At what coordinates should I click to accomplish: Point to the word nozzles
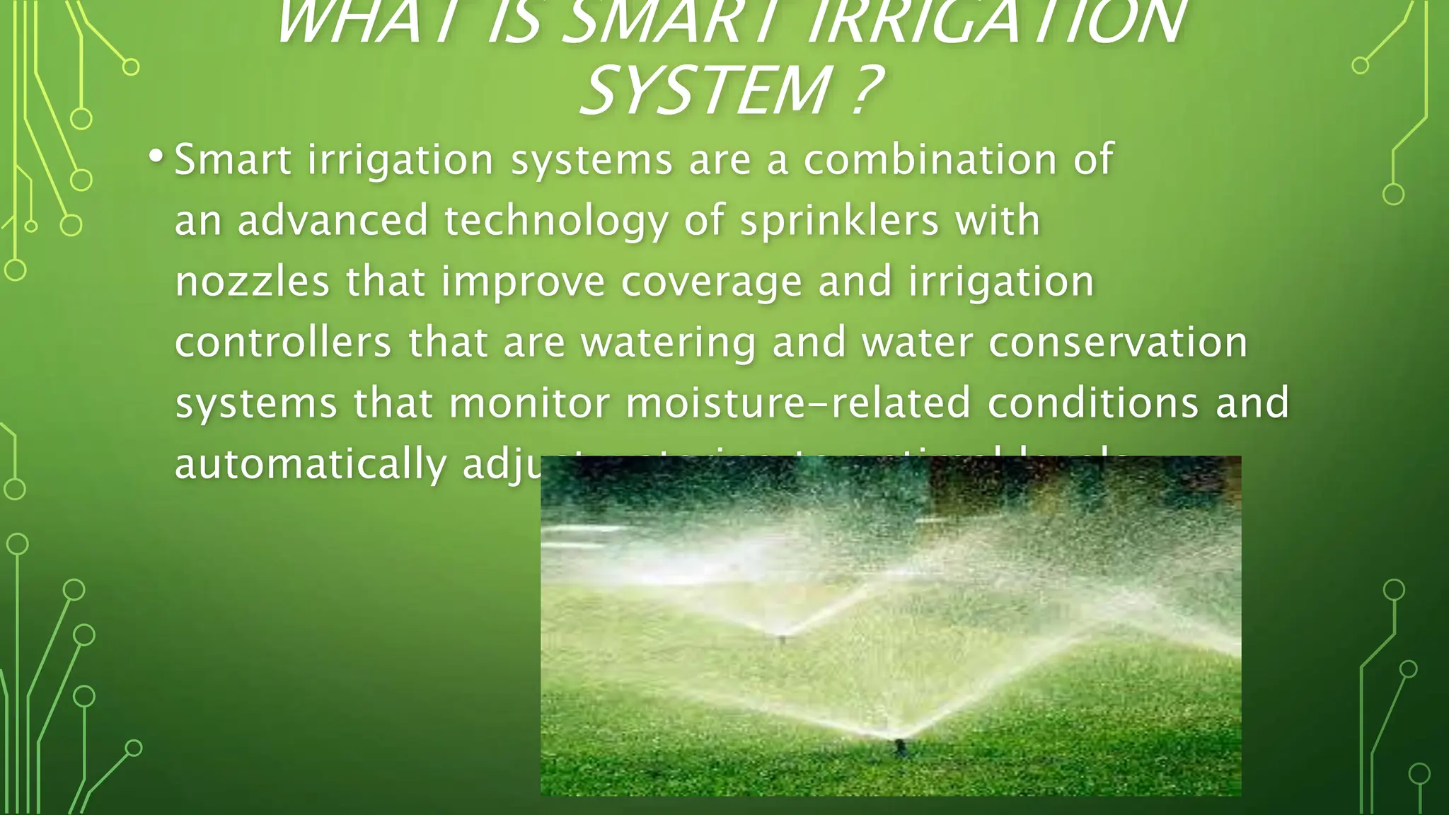point(252,282)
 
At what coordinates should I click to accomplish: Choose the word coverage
point(712,282)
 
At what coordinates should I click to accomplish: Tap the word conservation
point(1118,342)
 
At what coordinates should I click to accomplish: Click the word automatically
point(311,465)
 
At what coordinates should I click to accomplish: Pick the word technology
point(555,221)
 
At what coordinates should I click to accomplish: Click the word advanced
point(333,221)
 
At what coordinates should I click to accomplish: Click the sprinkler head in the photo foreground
point(899,746)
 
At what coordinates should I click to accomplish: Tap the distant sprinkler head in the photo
point(782,639)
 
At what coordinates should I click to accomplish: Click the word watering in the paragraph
point(668,342)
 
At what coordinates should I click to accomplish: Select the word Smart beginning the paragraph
point(233,159)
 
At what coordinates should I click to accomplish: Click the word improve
point(524,282)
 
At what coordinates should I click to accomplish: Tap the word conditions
point(1093,403)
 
